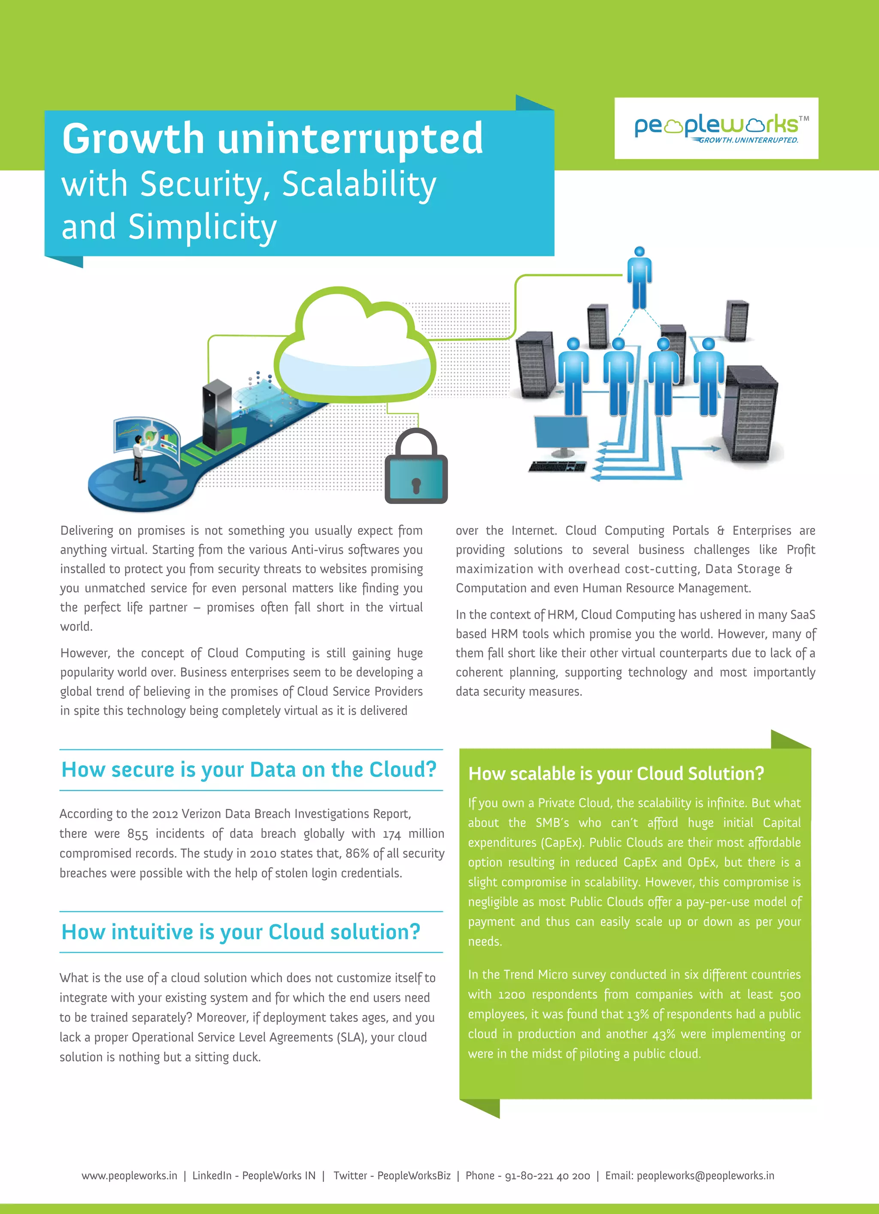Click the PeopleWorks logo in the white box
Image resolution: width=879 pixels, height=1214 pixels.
pos(716,128)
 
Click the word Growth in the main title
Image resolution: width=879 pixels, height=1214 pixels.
pos(133,139)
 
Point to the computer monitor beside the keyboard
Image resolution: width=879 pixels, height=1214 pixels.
pos(561,434)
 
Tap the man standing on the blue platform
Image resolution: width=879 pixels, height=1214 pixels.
pos(139,458)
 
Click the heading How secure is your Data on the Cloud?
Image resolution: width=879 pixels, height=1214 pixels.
pos(249,770)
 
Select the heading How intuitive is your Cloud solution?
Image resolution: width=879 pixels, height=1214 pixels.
pos(241,932)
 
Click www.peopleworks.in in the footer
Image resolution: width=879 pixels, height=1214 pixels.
pos(129,1175)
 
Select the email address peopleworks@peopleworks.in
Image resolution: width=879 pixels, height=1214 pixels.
pos(705,1175)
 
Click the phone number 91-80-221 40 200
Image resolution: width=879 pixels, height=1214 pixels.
pos(547,1175)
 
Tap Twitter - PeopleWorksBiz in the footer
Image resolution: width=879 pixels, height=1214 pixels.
pos(392,1175)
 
